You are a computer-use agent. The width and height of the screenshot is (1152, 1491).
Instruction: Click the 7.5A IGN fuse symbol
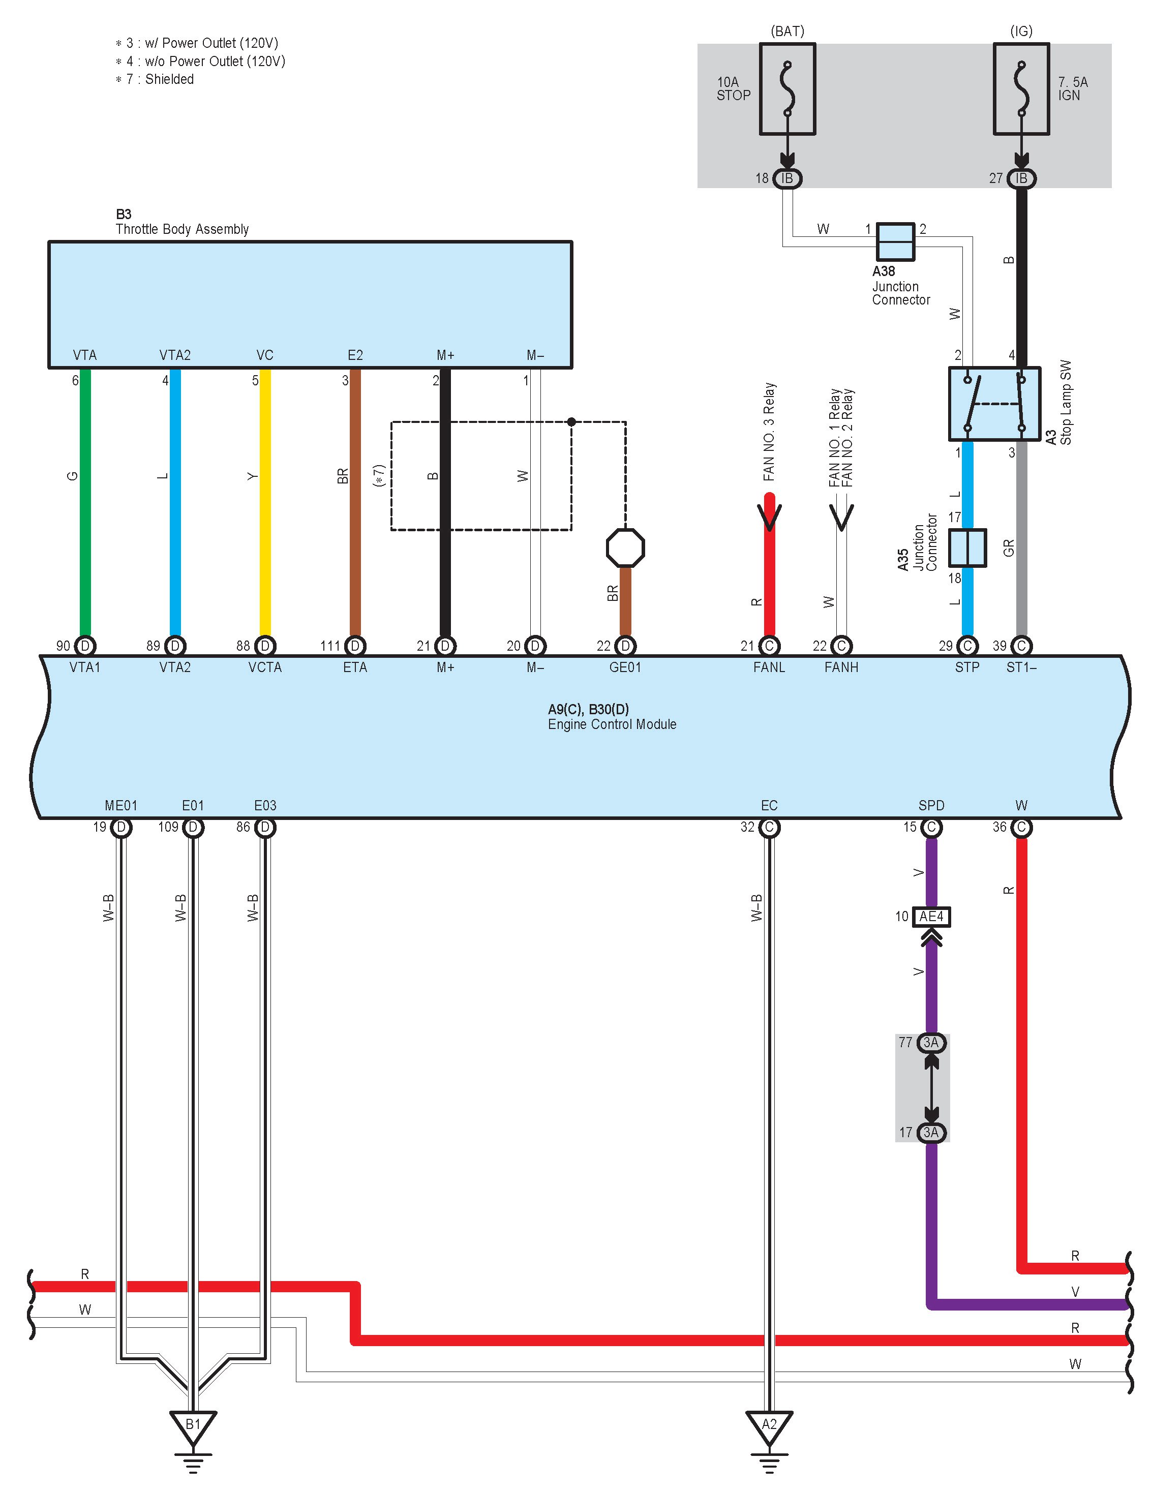coord(1021,89)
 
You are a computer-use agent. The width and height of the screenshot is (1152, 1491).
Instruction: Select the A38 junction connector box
coord(895,241)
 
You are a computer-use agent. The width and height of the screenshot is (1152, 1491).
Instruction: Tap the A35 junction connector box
coord(967,547)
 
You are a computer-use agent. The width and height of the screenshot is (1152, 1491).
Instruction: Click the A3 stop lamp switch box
coord(994,404)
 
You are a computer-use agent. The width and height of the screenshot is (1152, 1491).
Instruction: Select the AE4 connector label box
coord(931,916)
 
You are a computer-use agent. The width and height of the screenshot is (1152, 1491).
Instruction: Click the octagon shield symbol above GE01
coord(625,547)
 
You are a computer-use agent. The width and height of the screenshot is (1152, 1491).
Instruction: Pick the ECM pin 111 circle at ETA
coord(355,646)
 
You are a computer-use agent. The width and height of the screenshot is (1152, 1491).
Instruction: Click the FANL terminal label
coord(769,667)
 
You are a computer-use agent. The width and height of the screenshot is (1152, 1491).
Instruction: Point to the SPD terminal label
coord(931,806)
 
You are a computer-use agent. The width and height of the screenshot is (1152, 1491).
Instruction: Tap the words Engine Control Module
coord(612,724)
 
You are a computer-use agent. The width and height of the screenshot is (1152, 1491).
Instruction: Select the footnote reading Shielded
coord(169,79)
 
